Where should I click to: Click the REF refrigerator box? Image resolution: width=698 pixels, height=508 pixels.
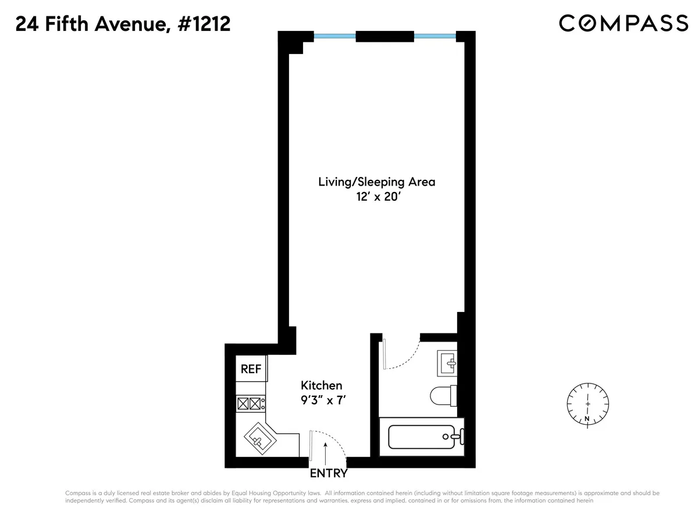251,369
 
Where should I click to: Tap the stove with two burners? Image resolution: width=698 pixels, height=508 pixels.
250,403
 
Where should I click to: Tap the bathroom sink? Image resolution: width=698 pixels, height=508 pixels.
448,363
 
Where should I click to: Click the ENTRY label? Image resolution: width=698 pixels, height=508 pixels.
329,473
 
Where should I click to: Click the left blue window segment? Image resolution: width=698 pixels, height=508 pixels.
334,36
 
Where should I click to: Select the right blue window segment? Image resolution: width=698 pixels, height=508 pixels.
435,36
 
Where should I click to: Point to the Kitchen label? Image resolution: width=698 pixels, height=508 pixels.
321,385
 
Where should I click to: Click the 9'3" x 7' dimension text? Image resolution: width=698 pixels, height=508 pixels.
322,400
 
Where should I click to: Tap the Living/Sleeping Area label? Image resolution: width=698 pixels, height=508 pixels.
376,182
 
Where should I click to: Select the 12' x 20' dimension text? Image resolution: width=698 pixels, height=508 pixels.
376,197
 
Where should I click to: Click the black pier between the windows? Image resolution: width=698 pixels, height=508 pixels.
384,36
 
